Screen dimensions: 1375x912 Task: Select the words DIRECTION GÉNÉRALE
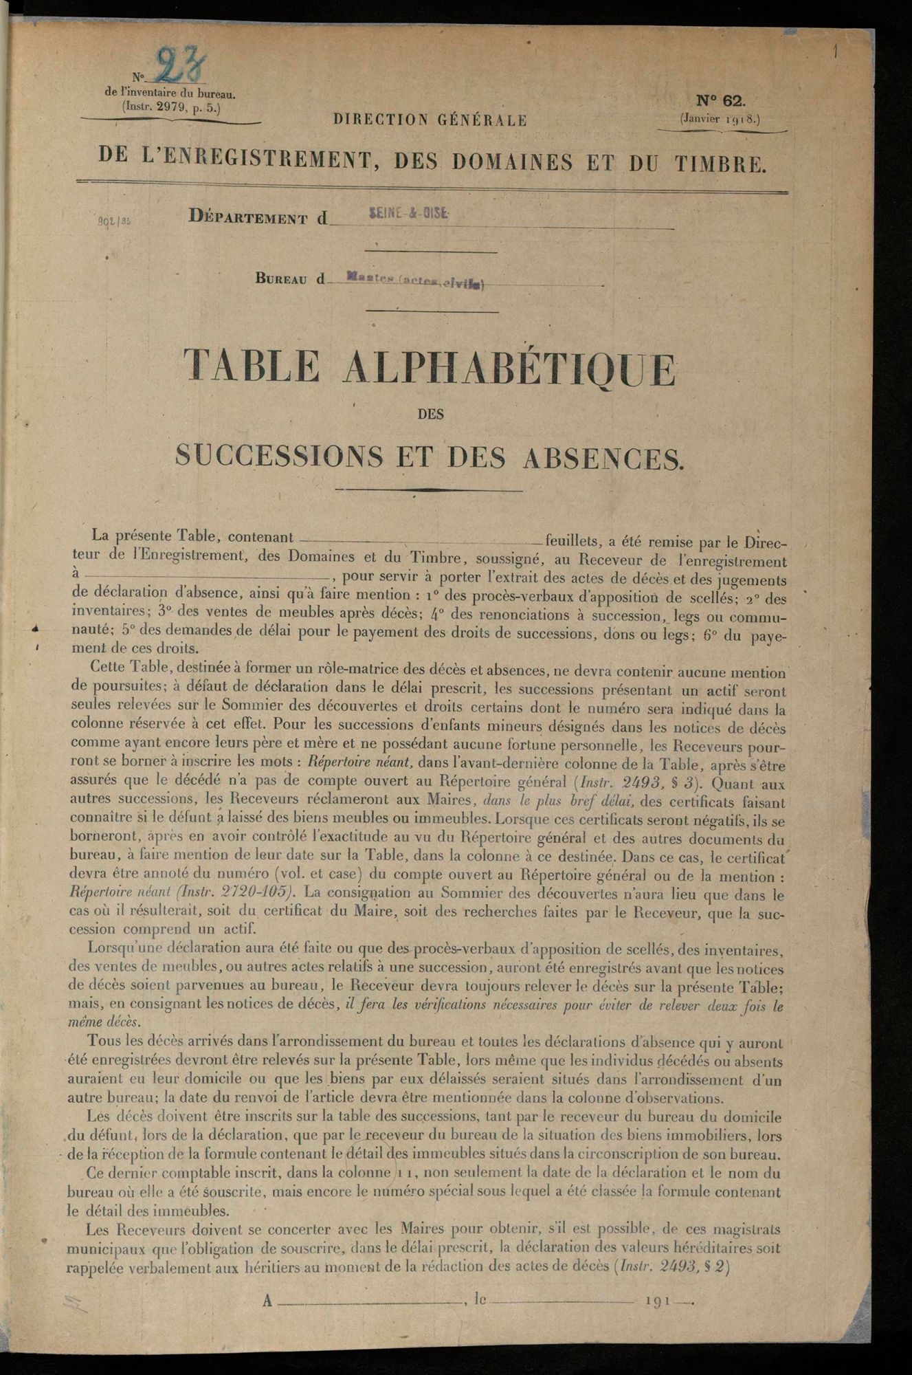[430, 120]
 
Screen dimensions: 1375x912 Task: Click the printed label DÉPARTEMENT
[247, 219]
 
